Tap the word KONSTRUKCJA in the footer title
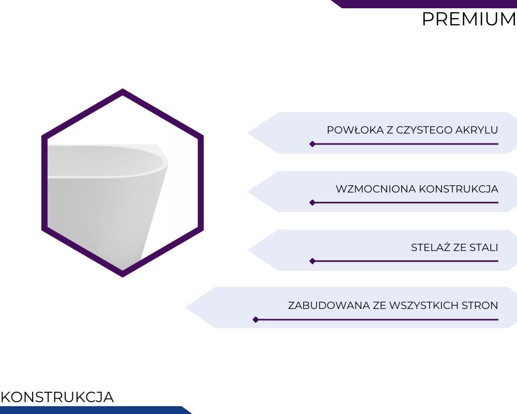(57, 397)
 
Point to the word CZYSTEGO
(424, 130)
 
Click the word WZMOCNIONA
(376, 189)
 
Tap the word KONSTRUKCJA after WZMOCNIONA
(458, 189)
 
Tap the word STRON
(480, 305)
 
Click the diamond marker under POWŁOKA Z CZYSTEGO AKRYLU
(313, 144)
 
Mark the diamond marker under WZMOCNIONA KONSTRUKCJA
(313, 203)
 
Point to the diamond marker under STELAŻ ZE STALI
(313, 261)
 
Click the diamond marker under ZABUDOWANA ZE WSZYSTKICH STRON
(255, 320)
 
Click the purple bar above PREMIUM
(424, 4)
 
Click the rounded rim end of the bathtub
(164, 162)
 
